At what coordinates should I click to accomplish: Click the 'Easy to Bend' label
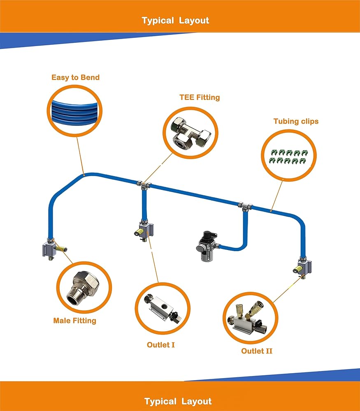point(75,77)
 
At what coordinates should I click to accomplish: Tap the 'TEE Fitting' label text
point(200,97)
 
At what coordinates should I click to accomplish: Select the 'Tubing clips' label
point(296,121)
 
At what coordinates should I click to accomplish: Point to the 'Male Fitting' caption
point(74,321)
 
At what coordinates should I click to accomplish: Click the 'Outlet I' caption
point(161,344)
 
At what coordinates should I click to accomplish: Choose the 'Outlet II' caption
point(257,351)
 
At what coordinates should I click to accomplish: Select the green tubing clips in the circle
point(287,157)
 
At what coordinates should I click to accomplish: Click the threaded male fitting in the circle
point(84,286)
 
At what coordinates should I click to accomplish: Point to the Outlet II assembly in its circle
point(250,318)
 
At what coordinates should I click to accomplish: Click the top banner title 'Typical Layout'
point(175,21)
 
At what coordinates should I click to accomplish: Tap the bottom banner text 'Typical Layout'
point(178,402)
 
